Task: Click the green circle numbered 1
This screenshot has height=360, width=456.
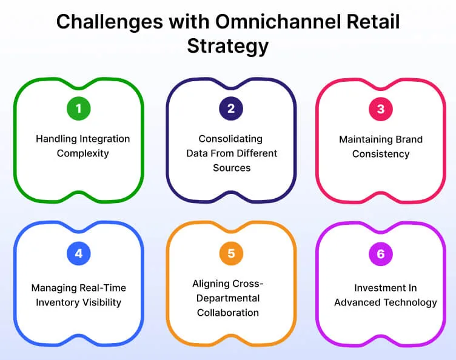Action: [x=78, y=109]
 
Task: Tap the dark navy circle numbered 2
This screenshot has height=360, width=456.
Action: [x=231, y=109]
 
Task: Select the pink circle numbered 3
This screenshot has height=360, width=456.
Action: [x=381, y=109]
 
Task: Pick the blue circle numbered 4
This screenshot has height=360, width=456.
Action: [x=78, y=254]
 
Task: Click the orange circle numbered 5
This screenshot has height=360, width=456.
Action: [x=231, y=254]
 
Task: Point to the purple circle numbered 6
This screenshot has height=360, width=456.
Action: [x=381, y=254]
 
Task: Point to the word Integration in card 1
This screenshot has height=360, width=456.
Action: [x=104, y=139]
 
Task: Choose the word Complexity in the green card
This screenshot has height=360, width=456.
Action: [x=82, y=153]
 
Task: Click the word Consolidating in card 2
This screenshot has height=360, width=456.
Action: [x=231, y=139]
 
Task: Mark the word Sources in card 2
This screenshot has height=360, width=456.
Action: [x=232, y=168]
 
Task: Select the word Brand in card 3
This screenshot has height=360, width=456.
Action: [x=407, y=139]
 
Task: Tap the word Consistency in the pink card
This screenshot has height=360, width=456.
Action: [x=381, y=154]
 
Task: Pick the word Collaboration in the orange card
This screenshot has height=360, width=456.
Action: [x=227, y=313]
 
